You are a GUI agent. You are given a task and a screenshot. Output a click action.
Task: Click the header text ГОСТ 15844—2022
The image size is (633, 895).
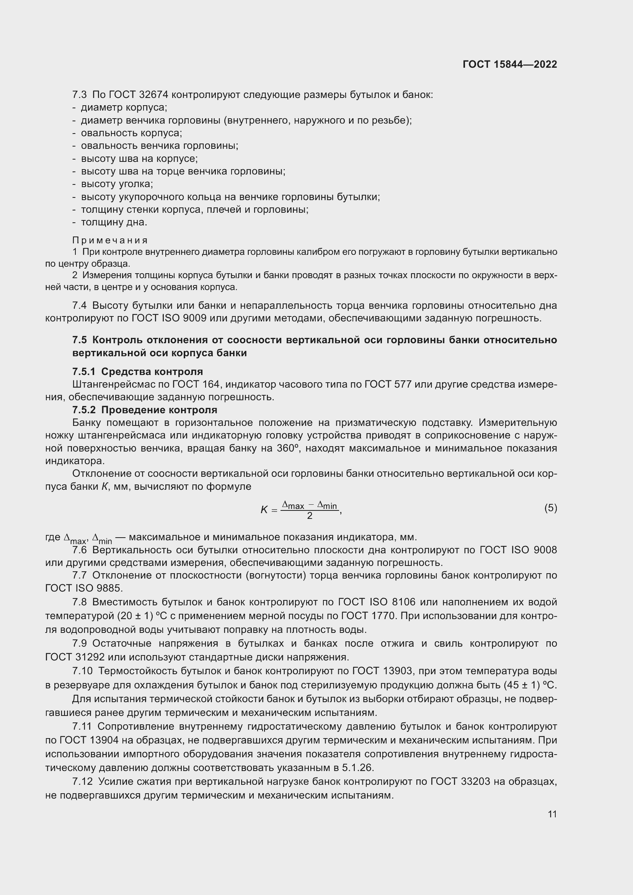point(510,64)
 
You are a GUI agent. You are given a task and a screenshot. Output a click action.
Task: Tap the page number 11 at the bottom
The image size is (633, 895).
point(552,814)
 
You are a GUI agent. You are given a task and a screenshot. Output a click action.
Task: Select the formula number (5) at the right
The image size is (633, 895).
point(551,508)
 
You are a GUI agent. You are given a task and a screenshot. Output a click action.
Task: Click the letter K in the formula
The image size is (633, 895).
point(264,509)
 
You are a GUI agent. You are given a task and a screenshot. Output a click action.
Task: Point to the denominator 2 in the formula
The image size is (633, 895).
point(310,516)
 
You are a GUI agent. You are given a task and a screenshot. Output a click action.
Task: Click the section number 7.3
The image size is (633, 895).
point(80,95)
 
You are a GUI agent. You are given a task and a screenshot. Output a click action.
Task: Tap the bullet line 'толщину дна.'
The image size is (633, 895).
point(114,223)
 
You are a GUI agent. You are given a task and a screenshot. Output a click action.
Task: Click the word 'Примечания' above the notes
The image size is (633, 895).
point(110,240)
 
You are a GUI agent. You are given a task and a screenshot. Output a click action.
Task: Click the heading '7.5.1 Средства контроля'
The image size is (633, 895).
point(138,372)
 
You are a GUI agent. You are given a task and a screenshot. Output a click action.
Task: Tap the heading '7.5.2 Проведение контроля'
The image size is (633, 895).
point(145,410)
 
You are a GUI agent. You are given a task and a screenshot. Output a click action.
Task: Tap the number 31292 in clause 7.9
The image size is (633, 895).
point(90,657)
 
